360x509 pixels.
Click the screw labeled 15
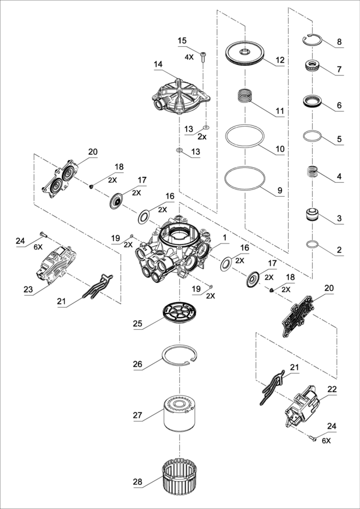point(204,57)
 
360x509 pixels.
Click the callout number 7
point(339,70)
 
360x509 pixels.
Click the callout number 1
point(224,238)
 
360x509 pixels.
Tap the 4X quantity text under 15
point(189,57)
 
